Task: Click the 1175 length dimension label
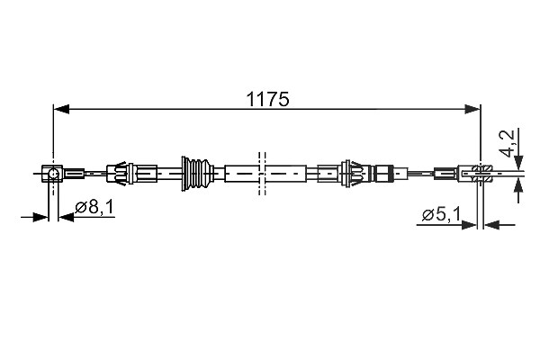coord(267,99)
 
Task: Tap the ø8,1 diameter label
coord(94,207)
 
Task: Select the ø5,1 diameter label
coord(441,215)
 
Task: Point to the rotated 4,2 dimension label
coord(510,143)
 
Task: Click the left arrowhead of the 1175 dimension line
coord(61,109)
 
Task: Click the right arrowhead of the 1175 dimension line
coord(472,109)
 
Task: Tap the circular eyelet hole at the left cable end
coord(53,174)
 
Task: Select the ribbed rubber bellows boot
coord(196,174)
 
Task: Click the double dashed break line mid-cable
coord(262,174)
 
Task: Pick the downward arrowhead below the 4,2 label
coord(518,162)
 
